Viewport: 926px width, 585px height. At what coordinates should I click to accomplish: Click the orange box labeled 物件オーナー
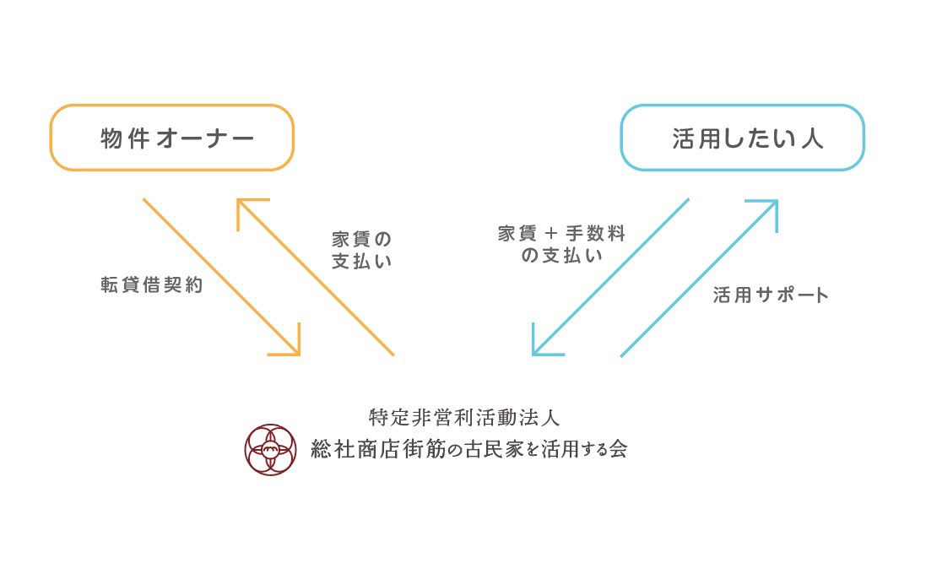(172, 138)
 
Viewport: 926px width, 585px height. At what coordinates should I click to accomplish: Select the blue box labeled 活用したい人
(742, 138)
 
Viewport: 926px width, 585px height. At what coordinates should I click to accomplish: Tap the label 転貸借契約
(152, 285)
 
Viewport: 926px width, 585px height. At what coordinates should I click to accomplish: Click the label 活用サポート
(771, 295)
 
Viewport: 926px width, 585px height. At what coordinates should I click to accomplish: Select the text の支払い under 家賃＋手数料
(562, 256)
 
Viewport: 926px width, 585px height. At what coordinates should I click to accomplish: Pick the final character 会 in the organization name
(618, 448)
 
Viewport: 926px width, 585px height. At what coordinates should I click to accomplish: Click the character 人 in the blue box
(812, 138)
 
